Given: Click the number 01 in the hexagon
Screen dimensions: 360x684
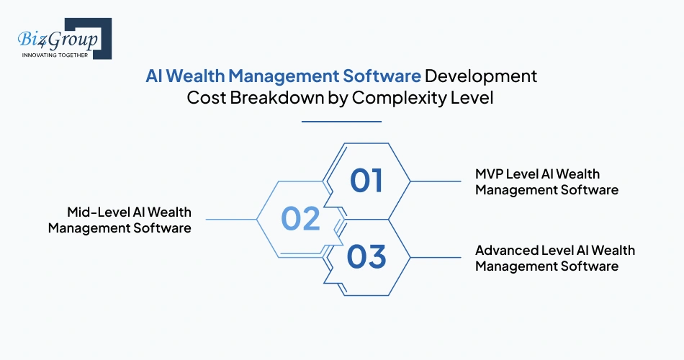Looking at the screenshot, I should [x=366, y=181].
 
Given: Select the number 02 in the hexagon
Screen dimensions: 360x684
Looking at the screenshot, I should [x=301, y=219].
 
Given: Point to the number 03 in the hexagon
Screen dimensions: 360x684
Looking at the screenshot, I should [x=366, y=256].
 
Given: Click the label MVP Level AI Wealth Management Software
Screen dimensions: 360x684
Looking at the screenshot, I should [x=547, y=182].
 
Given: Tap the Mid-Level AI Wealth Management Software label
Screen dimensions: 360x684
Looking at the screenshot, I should [x=120, y=220].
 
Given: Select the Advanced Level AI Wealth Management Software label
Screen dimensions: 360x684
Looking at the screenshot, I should [x=555, y=258].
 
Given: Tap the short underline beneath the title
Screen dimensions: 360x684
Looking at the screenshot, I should [x=341, y=122].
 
